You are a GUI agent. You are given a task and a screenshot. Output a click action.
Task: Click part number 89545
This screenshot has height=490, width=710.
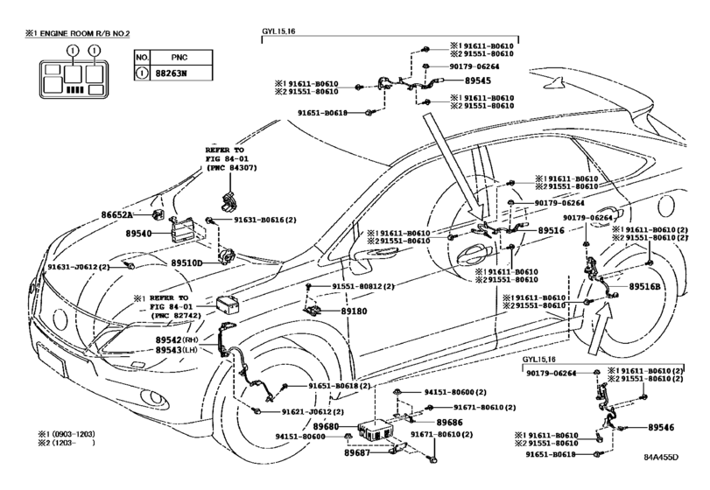click(x=478, y=81)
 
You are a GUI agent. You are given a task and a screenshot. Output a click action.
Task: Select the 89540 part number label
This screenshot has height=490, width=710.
click(x=138, y=234)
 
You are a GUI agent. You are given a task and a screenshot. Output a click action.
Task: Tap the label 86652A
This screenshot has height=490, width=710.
click(x=116, y=215)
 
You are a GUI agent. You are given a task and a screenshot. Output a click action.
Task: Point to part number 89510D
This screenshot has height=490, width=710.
click(x=186, y=262)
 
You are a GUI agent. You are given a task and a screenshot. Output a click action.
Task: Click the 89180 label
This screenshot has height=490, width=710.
click(x=354, y=311)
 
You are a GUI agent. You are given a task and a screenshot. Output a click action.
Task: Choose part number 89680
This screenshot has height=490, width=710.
click(x=326, y=426)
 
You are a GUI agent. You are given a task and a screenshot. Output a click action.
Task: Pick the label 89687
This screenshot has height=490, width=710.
click(x=357, y=452)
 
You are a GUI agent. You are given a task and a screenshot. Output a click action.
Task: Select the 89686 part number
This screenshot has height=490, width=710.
click(x=450, y=423)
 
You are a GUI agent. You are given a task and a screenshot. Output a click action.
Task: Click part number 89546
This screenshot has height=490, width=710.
click(x=661, y=427)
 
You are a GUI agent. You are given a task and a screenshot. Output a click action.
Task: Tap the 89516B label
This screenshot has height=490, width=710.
click(x=644, y=286)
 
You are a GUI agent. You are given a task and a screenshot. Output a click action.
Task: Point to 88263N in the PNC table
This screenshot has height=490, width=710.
click(x=174, y=73)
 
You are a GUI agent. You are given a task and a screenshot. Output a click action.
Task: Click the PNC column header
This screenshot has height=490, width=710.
click(x=179, y=58)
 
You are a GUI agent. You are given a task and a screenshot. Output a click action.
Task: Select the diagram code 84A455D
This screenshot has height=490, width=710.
click(x=661, y=457)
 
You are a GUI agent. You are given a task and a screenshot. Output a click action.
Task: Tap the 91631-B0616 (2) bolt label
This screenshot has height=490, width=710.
click(x=265, y=220)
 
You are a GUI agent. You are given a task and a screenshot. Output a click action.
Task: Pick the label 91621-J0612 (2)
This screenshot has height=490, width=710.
click(x=313, y=412)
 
